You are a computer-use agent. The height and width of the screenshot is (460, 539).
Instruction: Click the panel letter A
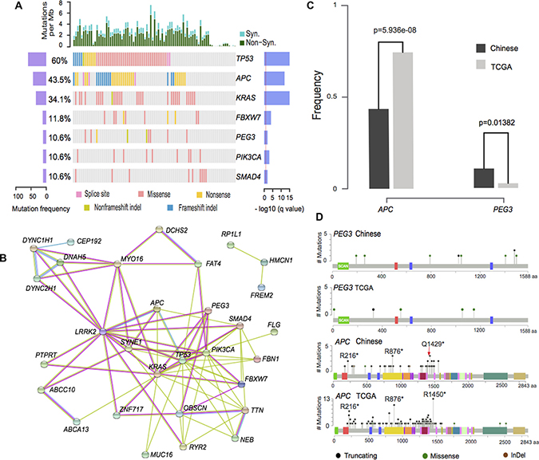pyautogui.click(x=6, y=6)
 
